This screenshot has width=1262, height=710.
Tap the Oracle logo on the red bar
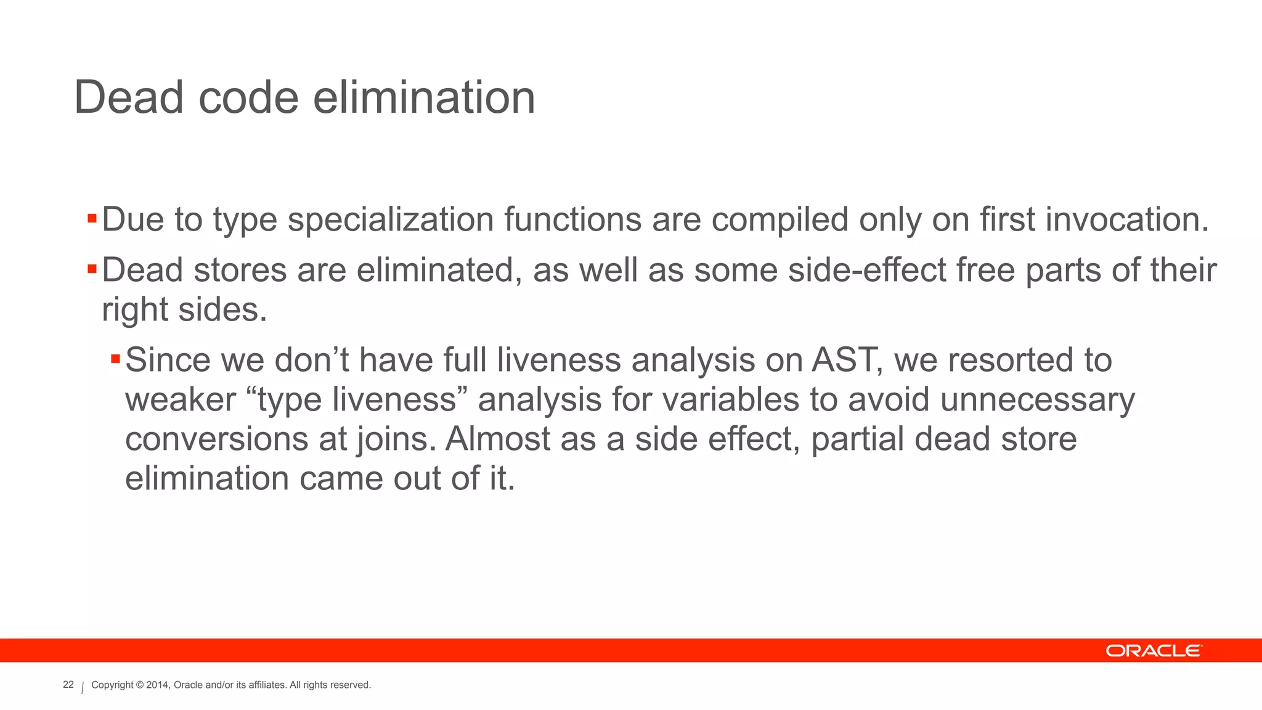(1153, 651)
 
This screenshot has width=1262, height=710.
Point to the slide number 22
(68, 685)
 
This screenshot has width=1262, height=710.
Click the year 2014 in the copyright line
(157, 685)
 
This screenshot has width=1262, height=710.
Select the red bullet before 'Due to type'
(92, 218)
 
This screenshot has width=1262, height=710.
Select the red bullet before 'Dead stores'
(92, 269)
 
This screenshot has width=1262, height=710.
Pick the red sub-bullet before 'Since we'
(115, 359)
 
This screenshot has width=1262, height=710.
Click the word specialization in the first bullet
(391, 221)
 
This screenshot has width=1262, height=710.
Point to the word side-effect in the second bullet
(867, 270)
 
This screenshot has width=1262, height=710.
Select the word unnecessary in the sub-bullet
(1037, 401)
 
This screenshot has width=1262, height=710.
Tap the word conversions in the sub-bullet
(216, 439)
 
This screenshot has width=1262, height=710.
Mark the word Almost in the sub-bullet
(498, 439)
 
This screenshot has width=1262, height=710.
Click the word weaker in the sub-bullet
(181, 399)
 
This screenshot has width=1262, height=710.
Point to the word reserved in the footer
(351, 685)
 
